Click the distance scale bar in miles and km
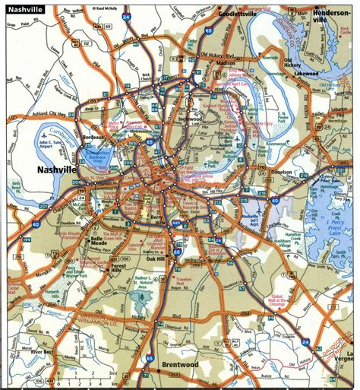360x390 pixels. (x=91, y=379)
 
